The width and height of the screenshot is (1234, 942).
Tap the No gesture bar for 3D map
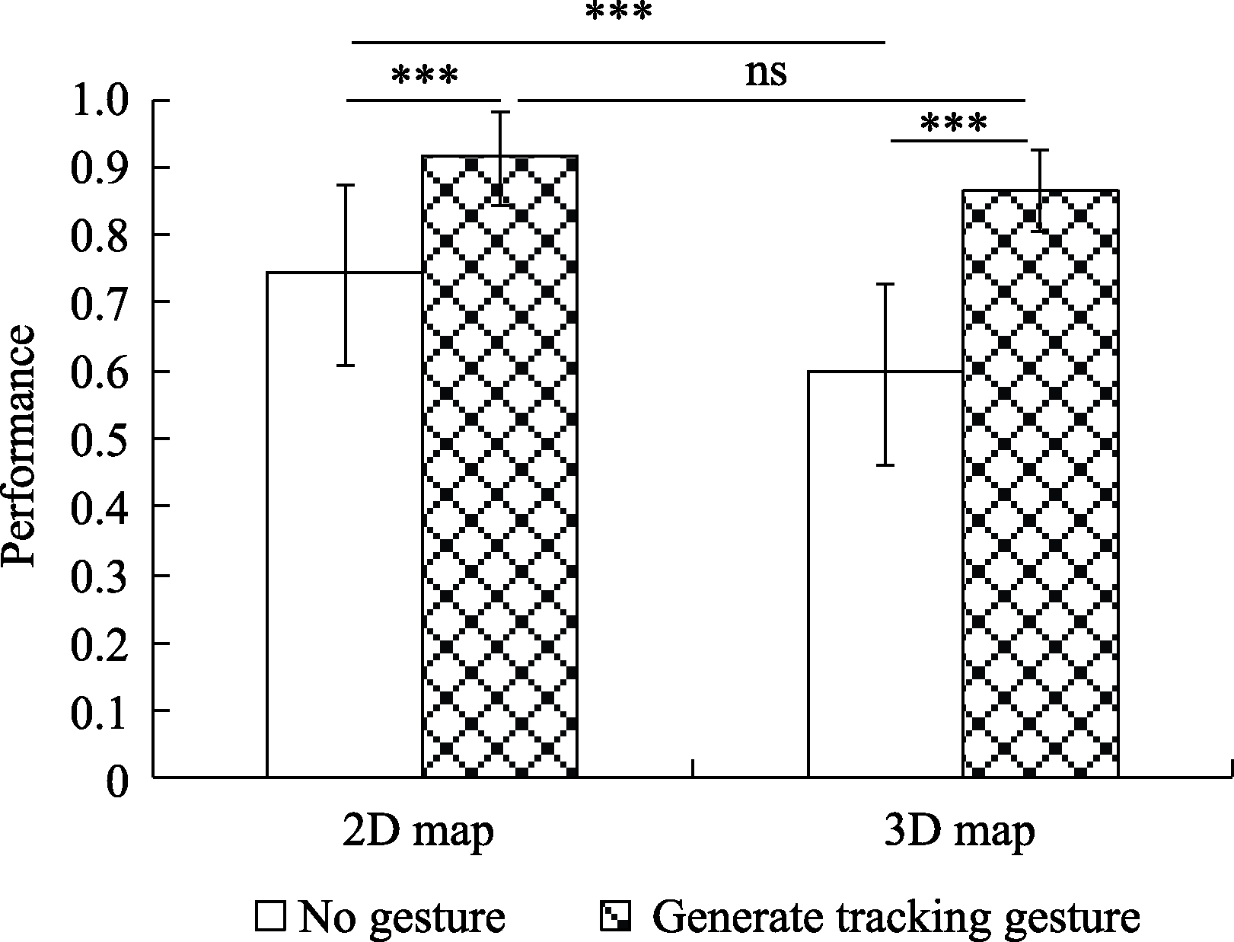point(885,574)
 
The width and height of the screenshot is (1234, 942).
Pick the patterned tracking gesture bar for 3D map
point(1040,483)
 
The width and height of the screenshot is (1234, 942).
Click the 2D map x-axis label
point(418,832)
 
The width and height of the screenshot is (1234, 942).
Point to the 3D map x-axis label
point(959,832)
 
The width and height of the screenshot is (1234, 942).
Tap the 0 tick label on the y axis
point(117,780)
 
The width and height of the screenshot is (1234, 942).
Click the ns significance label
point(766,73)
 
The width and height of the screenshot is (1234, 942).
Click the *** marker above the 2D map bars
point(425,76)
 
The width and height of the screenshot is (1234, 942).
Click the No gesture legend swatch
point(271,917)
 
